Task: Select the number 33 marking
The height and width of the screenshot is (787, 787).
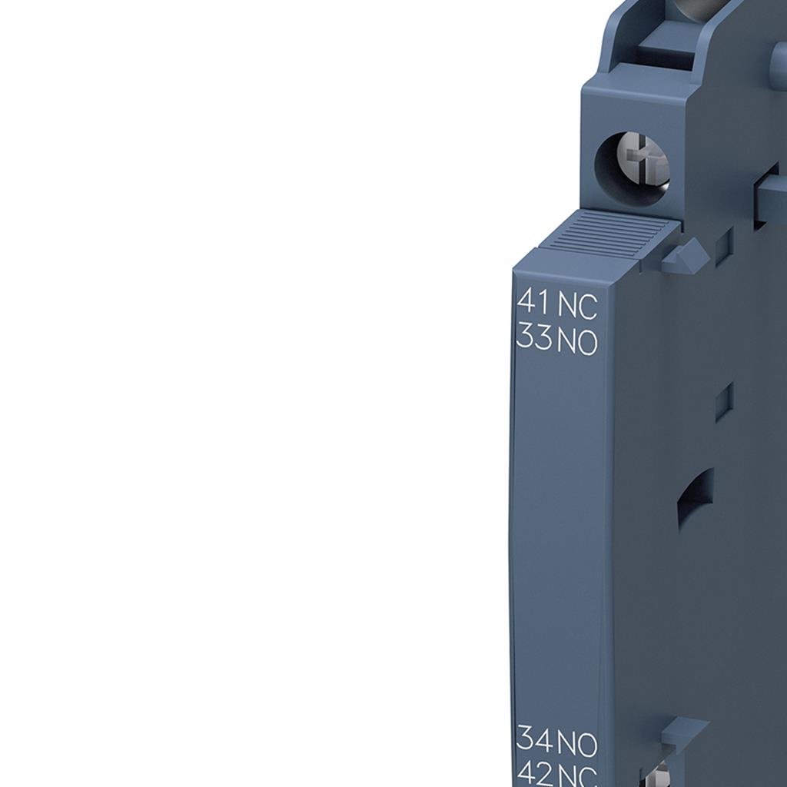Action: (x=534, y=337)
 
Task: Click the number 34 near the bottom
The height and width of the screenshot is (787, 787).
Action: (x=534, y=739)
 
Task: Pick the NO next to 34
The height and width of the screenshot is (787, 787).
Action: (x=577, y=744)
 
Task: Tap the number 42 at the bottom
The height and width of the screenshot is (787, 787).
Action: (x=534, y=772)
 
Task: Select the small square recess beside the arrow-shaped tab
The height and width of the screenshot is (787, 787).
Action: (x=722, y=247)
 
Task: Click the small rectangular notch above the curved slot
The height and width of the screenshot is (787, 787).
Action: (x=723, y=402)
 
